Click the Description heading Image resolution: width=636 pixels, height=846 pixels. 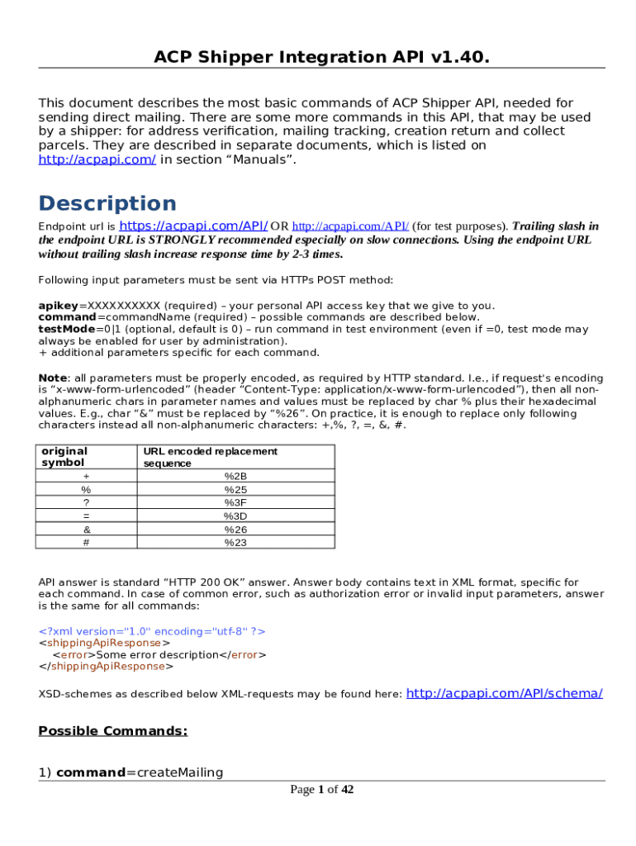[x=107, y=203]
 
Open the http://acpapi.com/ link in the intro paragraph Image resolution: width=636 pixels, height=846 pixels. [x=97, y=159]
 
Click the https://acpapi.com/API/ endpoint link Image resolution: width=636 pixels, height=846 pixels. [x=193, y=225]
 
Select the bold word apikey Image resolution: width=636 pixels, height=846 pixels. [x=56, y=306]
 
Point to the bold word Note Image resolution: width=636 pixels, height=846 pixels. [x=54, y=378]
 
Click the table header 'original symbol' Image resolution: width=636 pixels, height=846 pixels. [x=64, y=457]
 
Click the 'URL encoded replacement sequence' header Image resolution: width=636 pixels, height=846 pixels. [x=210, y=457]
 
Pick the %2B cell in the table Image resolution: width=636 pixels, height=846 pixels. [x=235, y=476]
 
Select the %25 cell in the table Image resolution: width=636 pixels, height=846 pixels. [x=235, y=489]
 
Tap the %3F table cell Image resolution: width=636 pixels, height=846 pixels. [x=235, y=502]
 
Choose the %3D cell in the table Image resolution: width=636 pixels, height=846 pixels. [x=235, y=516]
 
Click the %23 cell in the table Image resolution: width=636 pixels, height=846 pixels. [x=235, y=542]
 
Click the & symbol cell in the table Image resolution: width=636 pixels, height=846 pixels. [x=86, y=529]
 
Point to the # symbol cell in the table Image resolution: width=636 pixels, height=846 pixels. [x=86, y=542]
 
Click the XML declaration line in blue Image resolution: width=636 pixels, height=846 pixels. [x=153, y=631]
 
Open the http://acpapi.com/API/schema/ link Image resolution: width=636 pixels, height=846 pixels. [x=505, y=693]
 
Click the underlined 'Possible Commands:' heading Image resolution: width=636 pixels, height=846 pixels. [x=113, y=731]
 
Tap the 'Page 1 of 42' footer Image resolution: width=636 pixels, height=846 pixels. [x=321, y=790]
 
